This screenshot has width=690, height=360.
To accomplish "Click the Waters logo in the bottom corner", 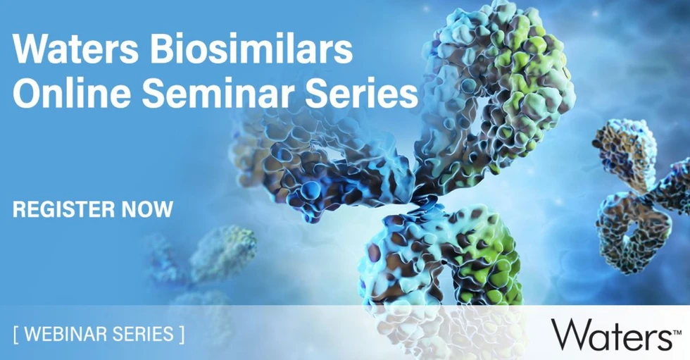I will (x=609, y=333).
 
